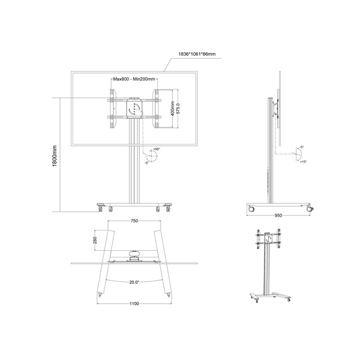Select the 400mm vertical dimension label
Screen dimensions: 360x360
(171, 109)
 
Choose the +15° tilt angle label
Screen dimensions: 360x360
(304, 162)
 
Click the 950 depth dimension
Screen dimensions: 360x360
(278, 215)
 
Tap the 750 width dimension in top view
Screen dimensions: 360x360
(134, 221)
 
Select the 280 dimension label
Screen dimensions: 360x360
(95, 241)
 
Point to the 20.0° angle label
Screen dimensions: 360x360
(134, 282)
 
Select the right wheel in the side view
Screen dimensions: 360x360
(310, 209)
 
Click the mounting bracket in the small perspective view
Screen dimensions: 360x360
(266, 240)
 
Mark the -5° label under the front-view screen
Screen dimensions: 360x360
(146, 162)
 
